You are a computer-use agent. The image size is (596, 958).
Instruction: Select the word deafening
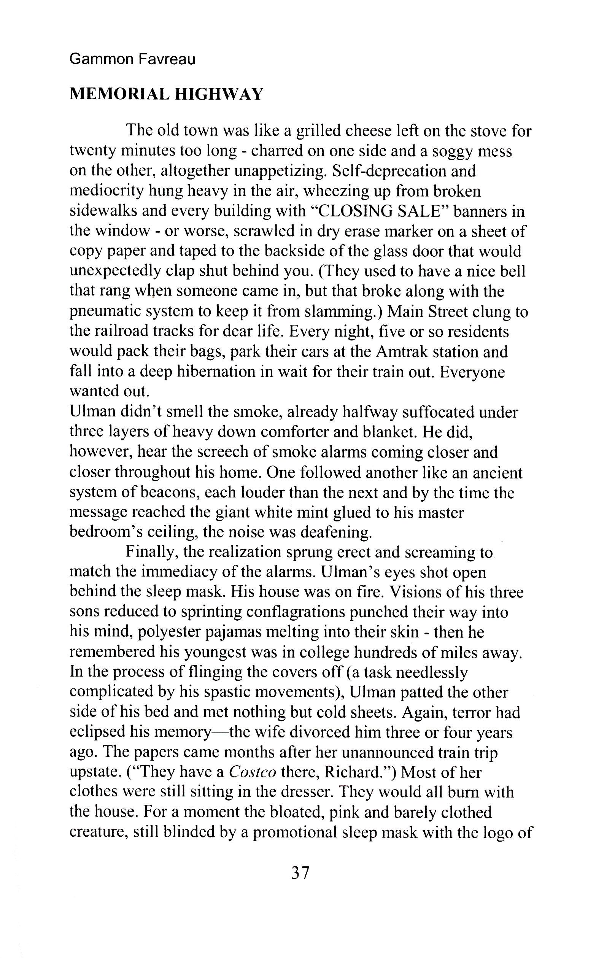(336, 532)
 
